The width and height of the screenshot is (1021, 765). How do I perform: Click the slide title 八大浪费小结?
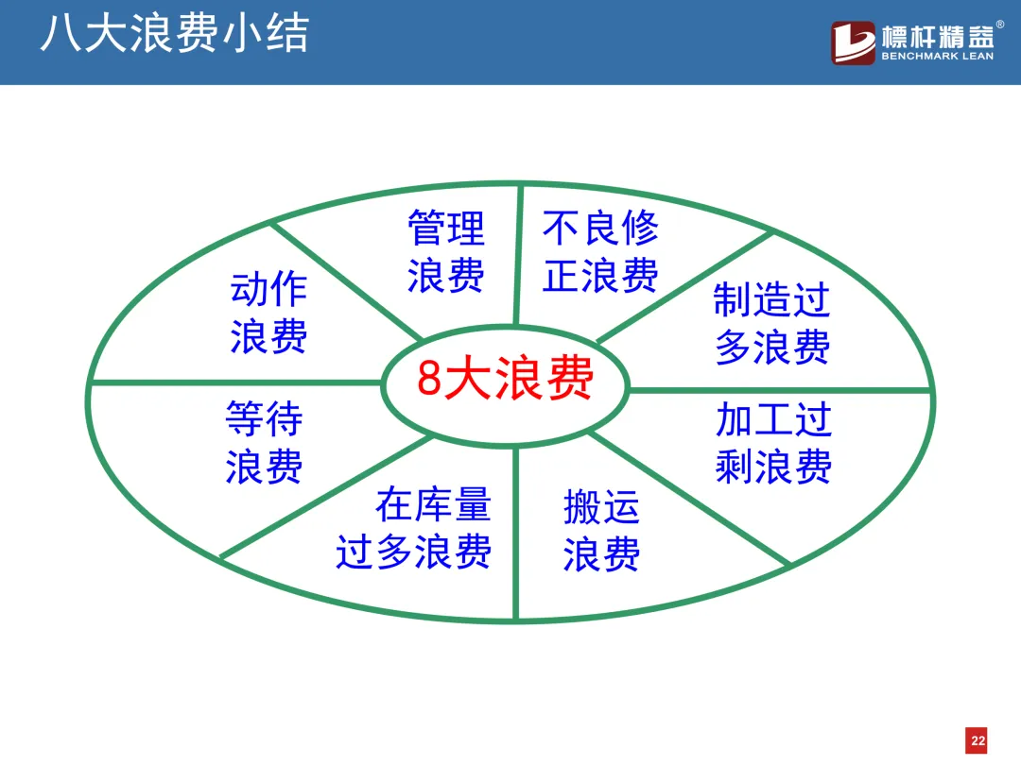(x=175, y=33)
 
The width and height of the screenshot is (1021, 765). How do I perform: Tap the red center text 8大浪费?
(x=505, y=378)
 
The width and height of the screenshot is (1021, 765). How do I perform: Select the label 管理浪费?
(x=446, y=251)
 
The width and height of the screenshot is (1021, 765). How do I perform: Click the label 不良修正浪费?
(x=600, y=251)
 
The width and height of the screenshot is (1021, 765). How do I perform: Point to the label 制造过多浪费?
(x=772, y=323)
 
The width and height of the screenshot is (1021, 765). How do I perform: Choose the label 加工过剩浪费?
(x=773, y=442)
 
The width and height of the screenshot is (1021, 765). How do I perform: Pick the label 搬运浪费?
(x=601, y=531)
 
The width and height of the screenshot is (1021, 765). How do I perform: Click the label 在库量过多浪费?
(x=413, y=528)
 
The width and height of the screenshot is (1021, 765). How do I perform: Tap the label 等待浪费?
(x=264, y=442)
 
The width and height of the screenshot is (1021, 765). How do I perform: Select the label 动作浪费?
(x=268, y=313)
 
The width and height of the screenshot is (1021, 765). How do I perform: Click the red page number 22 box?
(x=977, y=740)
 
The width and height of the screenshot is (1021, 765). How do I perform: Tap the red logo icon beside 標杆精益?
(x=853, y=42)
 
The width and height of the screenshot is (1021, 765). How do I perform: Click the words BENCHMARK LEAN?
(x=938, y=57)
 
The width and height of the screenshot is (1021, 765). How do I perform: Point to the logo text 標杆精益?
(x=938, y=37)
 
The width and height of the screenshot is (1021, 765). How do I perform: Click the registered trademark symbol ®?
(x=1000, y=25)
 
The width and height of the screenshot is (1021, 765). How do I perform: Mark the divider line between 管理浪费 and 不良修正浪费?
(x=518, y=255)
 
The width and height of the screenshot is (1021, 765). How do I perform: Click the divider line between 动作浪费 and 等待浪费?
(x=236, y=382)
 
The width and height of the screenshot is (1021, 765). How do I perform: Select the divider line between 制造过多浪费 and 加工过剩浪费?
(x=780, y=390)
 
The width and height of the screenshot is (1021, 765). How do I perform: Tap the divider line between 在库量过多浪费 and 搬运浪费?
(x=515, y=532)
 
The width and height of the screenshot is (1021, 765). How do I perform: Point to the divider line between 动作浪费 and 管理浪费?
(x=346, y=281)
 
